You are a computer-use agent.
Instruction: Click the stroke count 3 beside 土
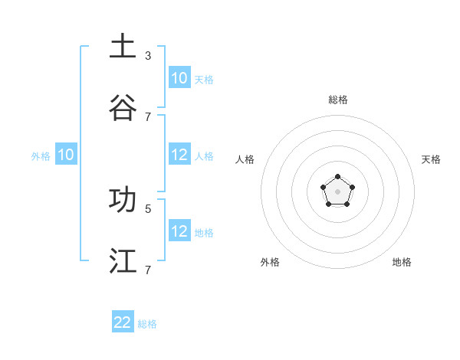pyautogui.click(x=148, y=55)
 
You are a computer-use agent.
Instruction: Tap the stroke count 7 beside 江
pyautogui.click(x=148, y=270)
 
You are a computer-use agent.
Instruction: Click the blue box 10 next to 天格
pyautogui.click(x=179, y=78)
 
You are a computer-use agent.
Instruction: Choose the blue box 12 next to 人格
pyautogui.click(x=179, y=155)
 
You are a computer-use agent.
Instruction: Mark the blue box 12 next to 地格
pyautogui.click(x=179, y=231)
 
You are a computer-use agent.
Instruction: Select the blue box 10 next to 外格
pyautogui.click(x=66, y=155)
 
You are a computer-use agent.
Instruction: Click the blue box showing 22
pyautogui.click(x=123, y=322)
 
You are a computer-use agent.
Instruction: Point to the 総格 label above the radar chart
pyautogui.click(x=338, y=100)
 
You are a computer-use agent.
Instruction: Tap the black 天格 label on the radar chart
pyautogui.click(x=432, y=159)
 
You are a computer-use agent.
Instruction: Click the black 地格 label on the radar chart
pyautogui.click(x=402, y=262)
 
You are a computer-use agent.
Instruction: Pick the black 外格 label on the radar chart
pyautogui.click(x=270, y=262)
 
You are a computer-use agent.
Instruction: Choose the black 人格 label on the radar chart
pyautogui.click(x=245, y=159)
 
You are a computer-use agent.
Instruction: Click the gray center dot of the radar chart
pyautogui.click(x=337, y=191)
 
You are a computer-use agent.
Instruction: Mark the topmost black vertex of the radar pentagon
pyautogui.click(x=337, y=177)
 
